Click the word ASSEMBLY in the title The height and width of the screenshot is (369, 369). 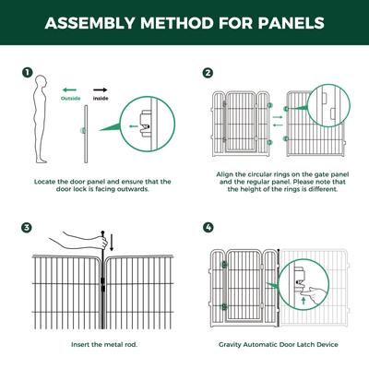tap(90, 23)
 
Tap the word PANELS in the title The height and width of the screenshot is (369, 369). tap(291, 23)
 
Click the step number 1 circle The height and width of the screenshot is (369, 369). tap(27, 73)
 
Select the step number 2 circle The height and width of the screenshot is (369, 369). tap(208, 73)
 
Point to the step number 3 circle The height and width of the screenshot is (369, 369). tap(27, 228)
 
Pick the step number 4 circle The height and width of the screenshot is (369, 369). tap(208, 228)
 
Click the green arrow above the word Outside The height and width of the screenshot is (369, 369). tap(69, 90)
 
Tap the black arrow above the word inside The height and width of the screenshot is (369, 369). tap(101, 90)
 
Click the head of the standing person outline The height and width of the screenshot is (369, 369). tap(42, 82)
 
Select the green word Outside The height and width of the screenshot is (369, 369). tap(71, 99)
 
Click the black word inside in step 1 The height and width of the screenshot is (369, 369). tap(101, 99)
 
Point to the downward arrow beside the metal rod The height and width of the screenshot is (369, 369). tap(112, 242)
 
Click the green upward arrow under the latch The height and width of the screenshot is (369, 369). tap(304, 300)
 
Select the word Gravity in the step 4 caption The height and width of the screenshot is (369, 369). tap(230, 345)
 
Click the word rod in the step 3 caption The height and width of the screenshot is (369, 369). tap(131, 345)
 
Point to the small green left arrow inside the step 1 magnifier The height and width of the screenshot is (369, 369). tap(134, 126)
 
